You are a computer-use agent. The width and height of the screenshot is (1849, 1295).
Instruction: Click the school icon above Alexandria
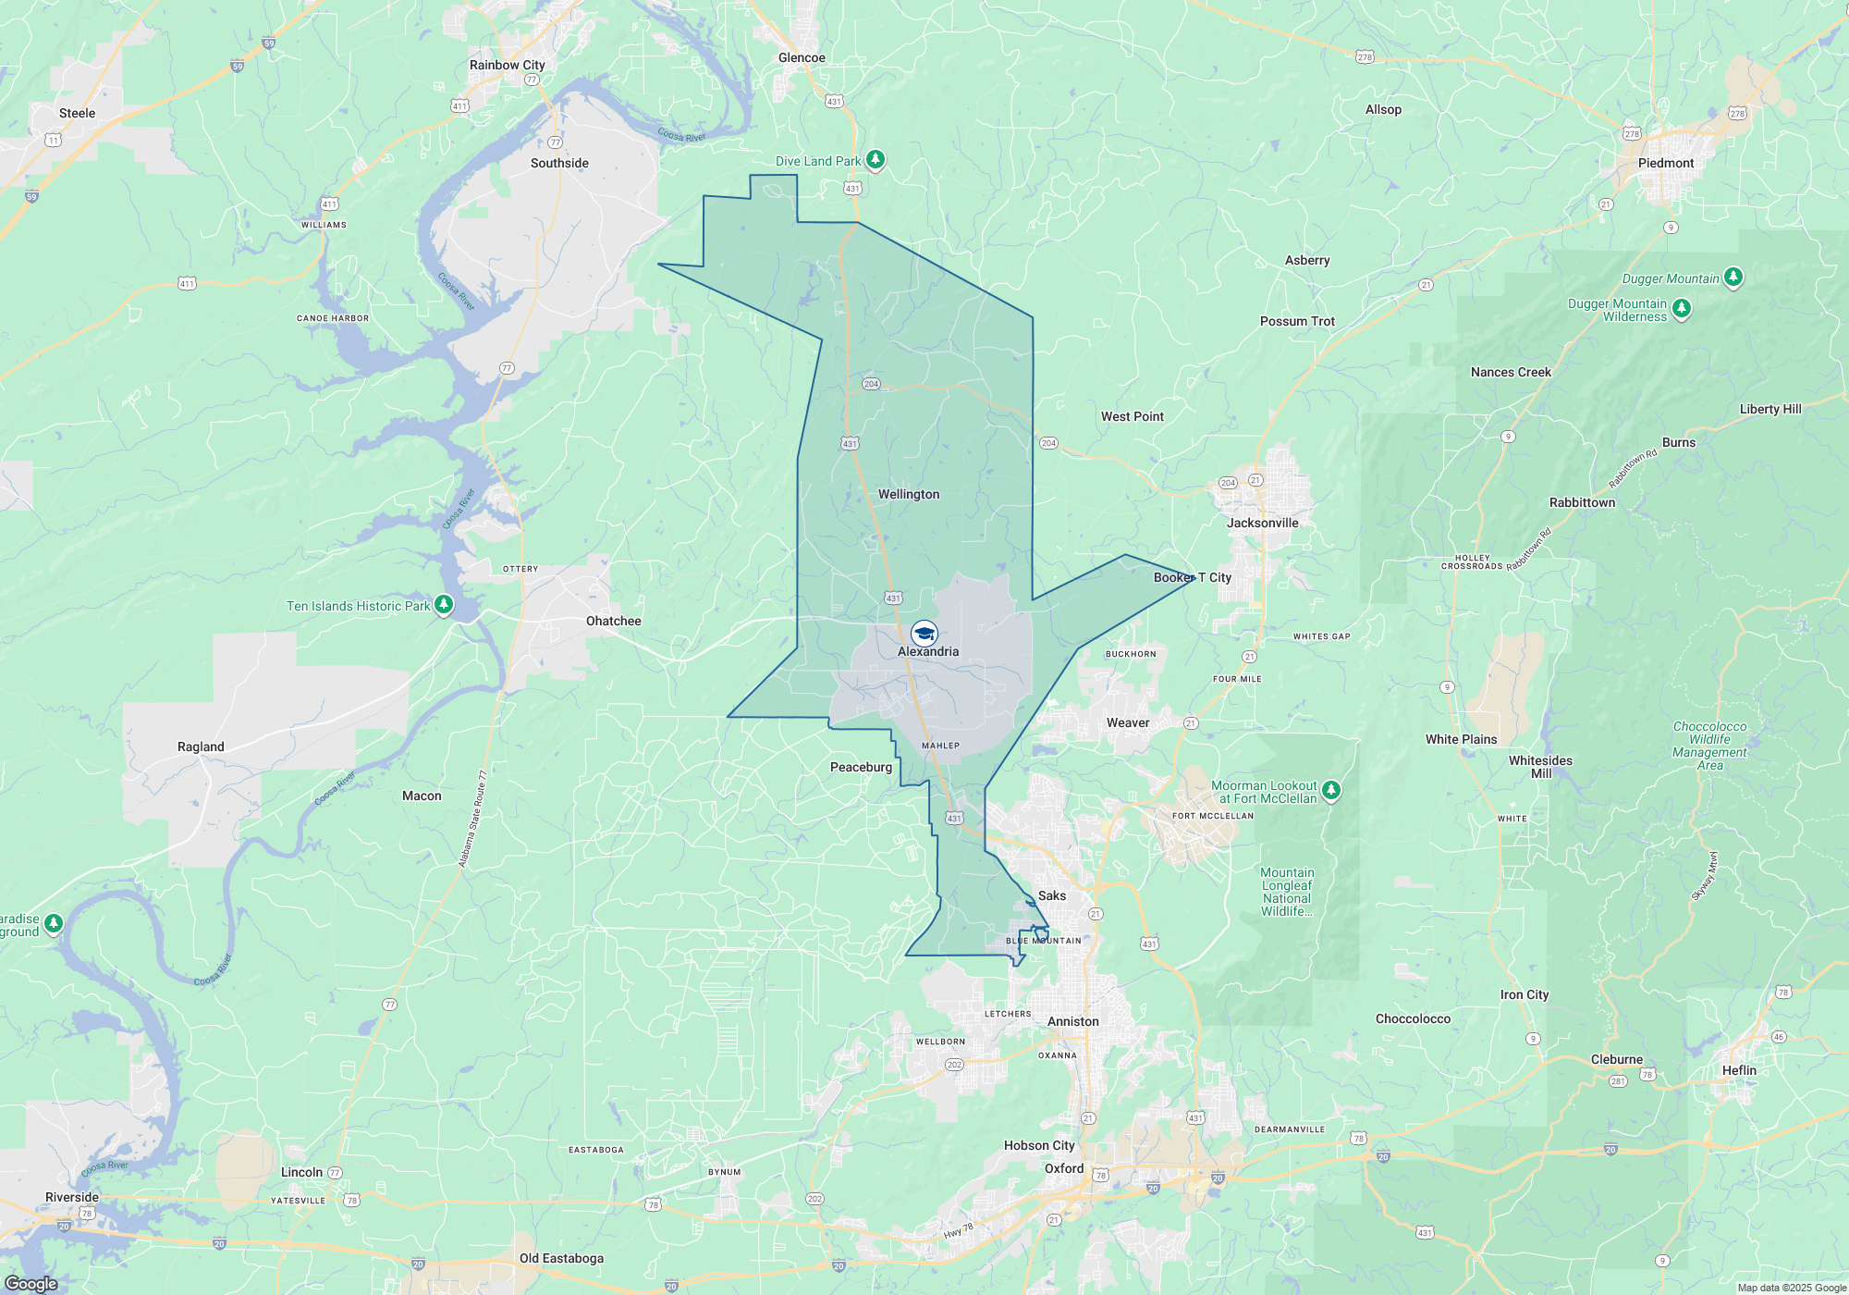click(924, 634)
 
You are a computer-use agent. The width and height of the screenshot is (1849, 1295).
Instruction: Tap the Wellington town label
click(909, 494)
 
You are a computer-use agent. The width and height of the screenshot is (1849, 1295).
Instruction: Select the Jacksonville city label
click(1262, 523)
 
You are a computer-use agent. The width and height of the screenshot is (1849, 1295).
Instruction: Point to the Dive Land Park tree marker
click(876, 160)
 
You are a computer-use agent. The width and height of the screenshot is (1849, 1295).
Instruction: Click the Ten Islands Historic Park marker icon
click(444, 605)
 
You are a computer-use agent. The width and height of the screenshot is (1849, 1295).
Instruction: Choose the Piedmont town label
click(1665, 163)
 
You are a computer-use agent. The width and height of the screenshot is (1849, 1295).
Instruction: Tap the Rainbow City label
click(507, 65)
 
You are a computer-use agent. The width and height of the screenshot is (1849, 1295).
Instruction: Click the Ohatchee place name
click(613, 621)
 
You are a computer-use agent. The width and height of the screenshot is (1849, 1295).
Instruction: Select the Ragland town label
click(201, 746)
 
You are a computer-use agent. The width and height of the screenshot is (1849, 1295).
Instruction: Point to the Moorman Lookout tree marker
click(1331, 790)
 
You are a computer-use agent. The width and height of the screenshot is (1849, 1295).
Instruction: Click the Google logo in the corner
click(31, 1283)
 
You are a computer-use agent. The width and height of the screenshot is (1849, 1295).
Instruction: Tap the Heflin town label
click(1738, 1070)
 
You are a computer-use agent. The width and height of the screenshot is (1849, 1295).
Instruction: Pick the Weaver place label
click(1128, 722)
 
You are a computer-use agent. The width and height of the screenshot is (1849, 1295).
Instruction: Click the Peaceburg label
click(861, 767)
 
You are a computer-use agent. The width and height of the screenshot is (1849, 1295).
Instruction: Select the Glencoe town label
click(802, 57)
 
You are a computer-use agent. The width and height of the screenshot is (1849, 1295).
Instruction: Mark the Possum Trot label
click(1297, 321)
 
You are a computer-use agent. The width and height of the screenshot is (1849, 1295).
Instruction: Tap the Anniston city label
click(1072, 1021)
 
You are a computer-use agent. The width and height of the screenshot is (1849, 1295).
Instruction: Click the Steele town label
click(77, 113)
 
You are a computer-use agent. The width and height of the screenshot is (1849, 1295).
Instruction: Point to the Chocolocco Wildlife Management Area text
click(1709, 746)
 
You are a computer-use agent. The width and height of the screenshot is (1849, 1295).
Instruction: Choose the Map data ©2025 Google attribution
click(1791, 1288)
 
